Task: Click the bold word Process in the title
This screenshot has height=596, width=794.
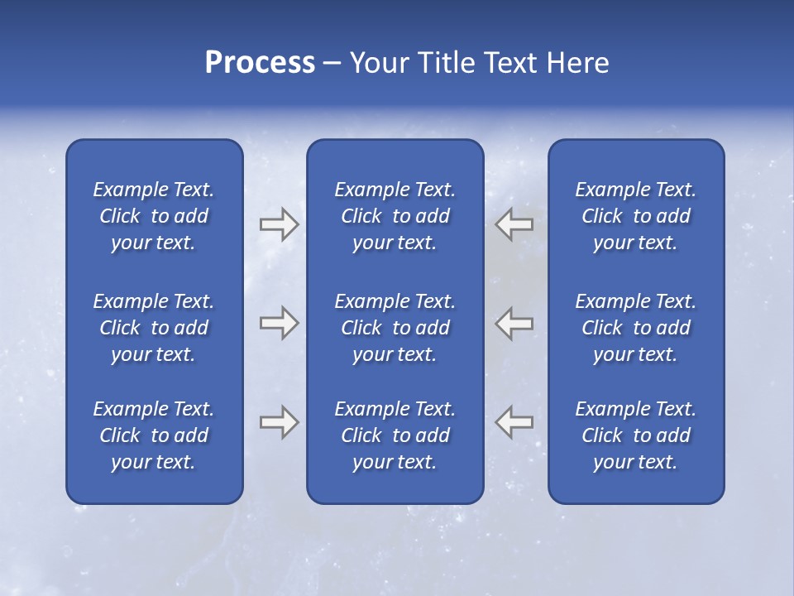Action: pos(260,63)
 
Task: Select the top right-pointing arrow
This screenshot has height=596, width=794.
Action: pos(279,223)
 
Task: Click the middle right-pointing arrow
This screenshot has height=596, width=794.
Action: pos(279,323)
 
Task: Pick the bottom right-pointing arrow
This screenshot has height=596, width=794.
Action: pos(279,422)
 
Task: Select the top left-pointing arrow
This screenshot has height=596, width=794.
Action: pos(514,223)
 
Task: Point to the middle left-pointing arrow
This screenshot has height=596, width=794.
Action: pos(514,323)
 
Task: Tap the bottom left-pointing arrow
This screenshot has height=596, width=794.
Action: pos(514,422)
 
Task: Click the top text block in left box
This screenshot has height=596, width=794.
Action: pos(154,216)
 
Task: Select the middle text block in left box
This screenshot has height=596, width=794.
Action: pos(154,328)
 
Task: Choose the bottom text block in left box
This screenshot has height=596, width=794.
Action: pos(154,435)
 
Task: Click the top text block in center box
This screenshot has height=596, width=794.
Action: pos(395,216)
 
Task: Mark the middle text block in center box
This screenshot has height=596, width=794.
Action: pos(395,328)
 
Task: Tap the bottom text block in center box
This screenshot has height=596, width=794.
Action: pos(395,435)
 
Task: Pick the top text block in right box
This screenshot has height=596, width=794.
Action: pos(635,216)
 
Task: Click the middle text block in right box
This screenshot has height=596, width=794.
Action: pos(635,328)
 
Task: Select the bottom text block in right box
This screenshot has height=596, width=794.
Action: pos(635,435)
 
